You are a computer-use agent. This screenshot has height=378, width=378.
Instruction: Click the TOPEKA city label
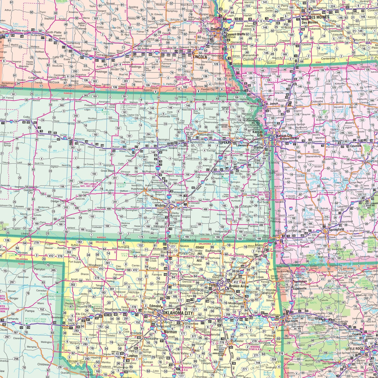[x=225, y=142]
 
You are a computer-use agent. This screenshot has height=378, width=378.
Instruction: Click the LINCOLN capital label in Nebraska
[x=200, y=57]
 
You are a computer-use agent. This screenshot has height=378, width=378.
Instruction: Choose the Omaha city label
[x=216, y=29]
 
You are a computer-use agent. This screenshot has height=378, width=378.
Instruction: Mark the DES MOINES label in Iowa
[x=318, y=17]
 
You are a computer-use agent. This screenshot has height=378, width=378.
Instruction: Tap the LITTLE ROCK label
[x=354, y=349]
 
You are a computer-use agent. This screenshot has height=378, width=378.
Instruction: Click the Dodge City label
[x=58, y=201]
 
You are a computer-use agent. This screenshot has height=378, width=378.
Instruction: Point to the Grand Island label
[x=143, y=46]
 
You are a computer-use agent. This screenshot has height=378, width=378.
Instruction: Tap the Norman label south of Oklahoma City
[x=171, y=332]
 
